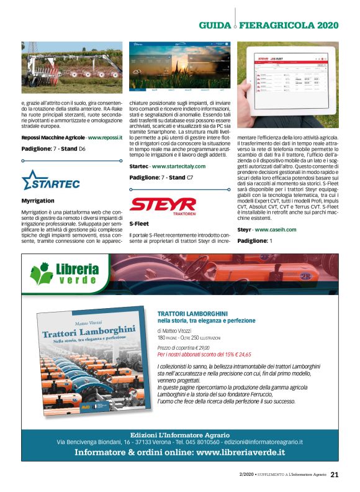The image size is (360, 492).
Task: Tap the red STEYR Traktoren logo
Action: coord(163,204)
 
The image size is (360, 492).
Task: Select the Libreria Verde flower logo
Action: coord(42,273)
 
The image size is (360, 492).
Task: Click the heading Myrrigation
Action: coord(37,201)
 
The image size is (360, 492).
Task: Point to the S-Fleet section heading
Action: coord(139,222)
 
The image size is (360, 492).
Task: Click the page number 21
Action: coord(334,475)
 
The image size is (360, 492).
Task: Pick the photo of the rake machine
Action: coord(72,67)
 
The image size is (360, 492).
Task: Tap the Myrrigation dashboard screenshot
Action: coord(180,67)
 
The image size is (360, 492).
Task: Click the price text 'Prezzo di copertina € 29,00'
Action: coord(184,348)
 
